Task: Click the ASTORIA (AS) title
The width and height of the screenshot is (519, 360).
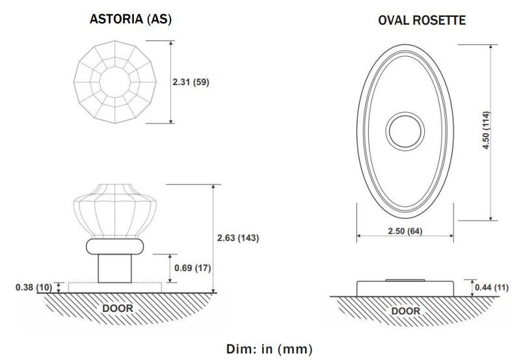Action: [131, 19]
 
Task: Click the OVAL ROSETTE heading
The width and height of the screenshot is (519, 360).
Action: [421, 20]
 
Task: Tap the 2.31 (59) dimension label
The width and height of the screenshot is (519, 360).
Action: [191, 82]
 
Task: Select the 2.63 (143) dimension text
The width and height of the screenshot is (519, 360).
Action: [238, 238]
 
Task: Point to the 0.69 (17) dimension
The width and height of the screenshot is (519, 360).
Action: [193, 268]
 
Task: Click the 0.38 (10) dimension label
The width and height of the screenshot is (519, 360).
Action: [34, 287]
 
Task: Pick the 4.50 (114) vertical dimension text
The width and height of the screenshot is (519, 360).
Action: [486, 130]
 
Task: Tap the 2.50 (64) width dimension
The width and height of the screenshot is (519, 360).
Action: [405, 231]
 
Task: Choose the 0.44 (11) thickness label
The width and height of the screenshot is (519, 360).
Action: [492, 288]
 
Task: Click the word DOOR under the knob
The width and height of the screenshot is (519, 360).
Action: [118, 309]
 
